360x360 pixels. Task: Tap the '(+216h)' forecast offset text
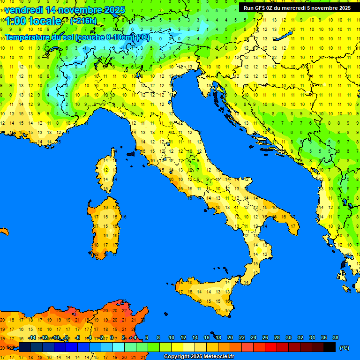[83, 21]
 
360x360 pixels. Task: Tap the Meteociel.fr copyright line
[199, 357]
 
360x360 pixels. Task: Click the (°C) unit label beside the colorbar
[344, 348]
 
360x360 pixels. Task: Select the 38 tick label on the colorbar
[335, 337]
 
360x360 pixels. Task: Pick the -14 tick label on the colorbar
[32, 337]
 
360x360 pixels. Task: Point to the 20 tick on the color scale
[230, 337]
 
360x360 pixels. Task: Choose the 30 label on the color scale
[288, 337]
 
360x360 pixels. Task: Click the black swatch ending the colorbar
[330, 347]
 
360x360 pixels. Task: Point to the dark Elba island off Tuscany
[130, 153]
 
